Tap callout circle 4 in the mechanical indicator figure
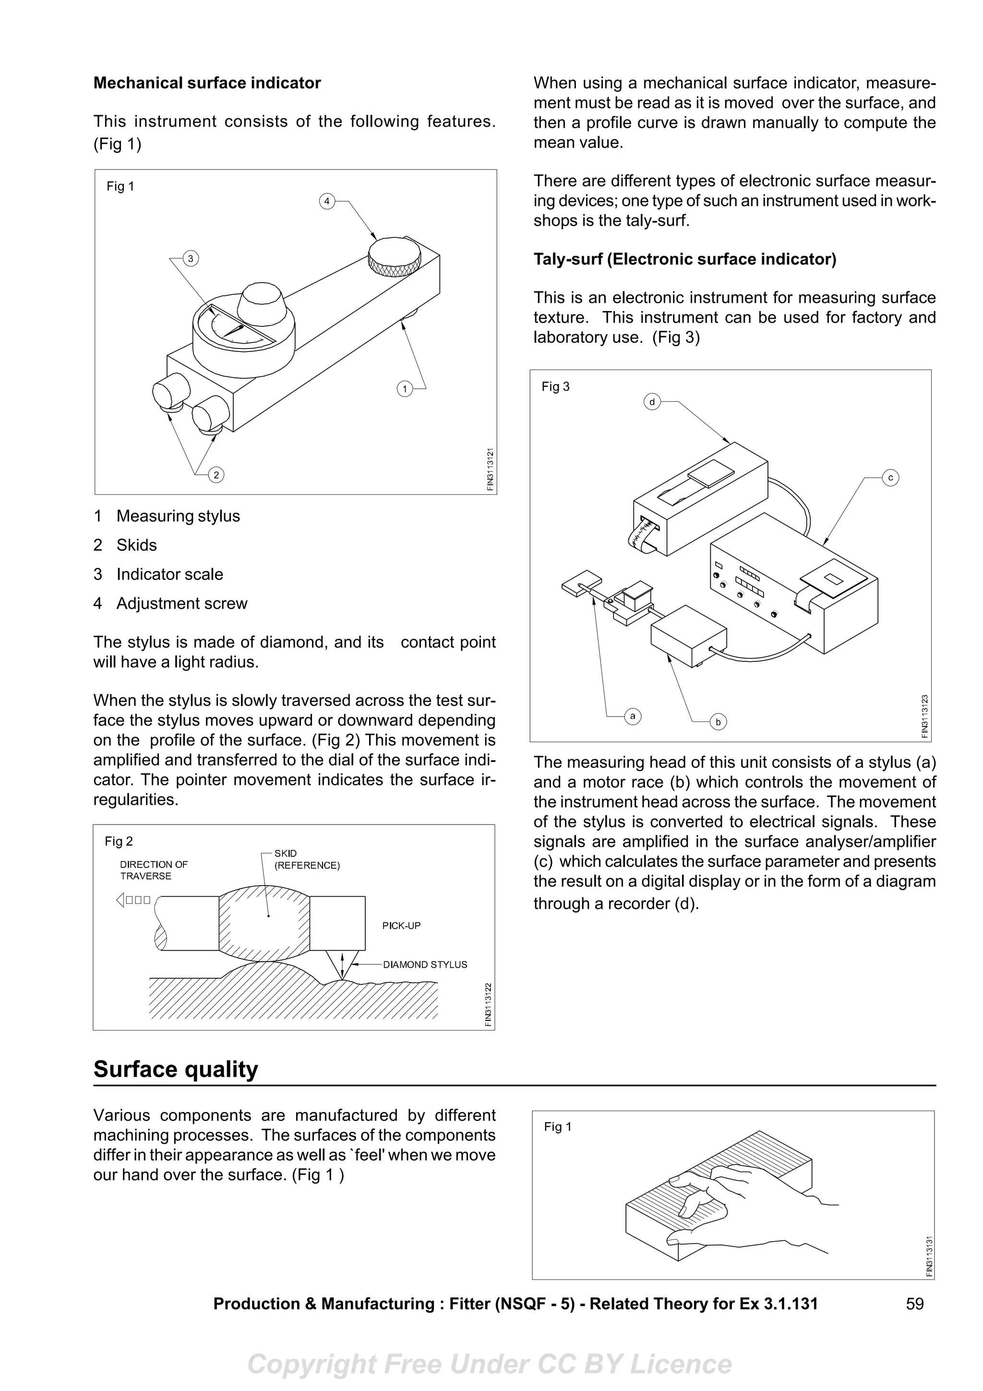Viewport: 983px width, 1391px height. coord(327,201)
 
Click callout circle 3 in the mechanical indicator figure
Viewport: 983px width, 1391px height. coord(190,259)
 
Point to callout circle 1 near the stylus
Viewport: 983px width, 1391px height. coord(405,388)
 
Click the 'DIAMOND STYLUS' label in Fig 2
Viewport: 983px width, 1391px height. coord(425,964)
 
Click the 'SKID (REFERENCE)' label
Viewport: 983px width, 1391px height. coord(307,859)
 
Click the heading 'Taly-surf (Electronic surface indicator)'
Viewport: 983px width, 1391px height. coord(684,259)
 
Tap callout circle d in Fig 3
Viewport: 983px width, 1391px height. coord(652,402)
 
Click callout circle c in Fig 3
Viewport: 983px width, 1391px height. coord(890,478)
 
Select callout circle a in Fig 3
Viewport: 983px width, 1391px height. coord(632,716)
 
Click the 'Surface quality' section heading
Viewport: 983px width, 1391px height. coord(176,1069)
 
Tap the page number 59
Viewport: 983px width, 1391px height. coord(914,1303)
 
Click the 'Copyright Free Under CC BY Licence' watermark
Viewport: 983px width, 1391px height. coord(490,1364)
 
